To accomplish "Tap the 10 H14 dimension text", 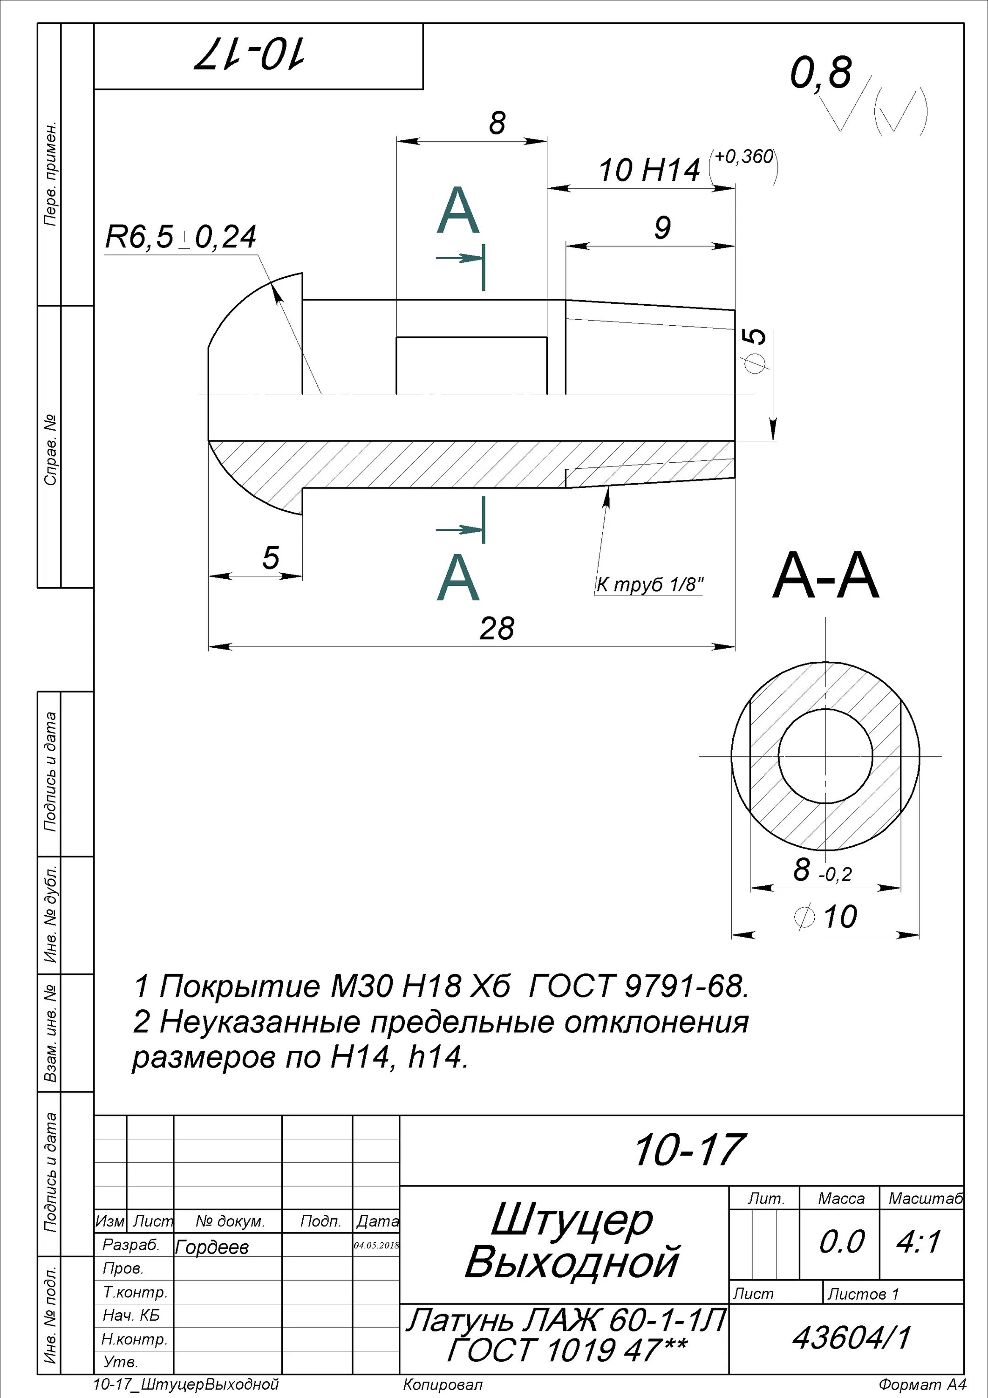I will (x=649, y=171).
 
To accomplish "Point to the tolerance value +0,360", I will (x=744, y=157).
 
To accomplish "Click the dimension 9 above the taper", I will (x=662, y=228).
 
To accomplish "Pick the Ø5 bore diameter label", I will (x=755, y=351).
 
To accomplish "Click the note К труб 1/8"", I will (x=649, y=585).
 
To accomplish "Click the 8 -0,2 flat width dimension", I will (x=822, y=870).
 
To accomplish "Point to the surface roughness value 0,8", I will (x=821, y=73).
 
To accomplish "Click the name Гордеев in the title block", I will (x=212, y=1247).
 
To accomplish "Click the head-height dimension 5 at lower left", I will (x=270, y=558).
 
